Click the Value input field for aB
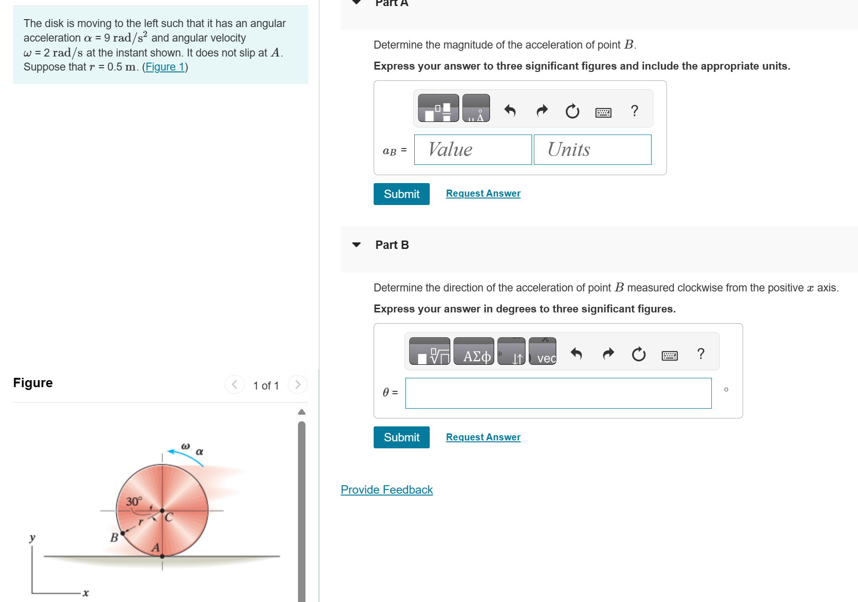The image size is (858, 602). point(473,150)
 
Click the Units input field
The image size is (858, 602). point(592,150)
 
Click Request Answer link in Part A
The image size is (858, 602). point(483,193)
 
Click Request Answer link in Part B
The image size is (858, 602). point(483,437)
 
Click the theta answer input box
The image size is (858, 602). point(558,393)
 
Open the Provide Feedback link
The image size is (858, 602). point(386,489)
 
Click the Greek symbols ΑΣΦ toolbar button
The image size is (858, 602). point(474,352)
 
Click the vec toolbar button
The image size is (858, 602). point(543,352)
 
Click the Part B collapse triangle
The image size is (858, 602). point(356,245)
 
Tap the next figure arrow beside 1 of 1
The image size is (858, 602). point(298,384)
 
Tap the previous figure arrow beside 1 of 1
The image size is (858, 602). point(234,384)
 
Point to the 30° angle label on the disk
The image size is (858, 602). point(134,502)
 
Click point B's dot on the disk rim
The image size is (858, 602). point(122,533)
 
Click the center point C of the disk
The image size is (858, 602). point(162,510)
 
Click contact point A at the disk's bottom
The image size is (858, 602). point(162,556)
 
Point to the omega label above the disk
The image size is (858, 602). point(185,446)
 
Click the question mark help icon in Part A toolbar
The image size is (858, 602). point(634,111)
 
